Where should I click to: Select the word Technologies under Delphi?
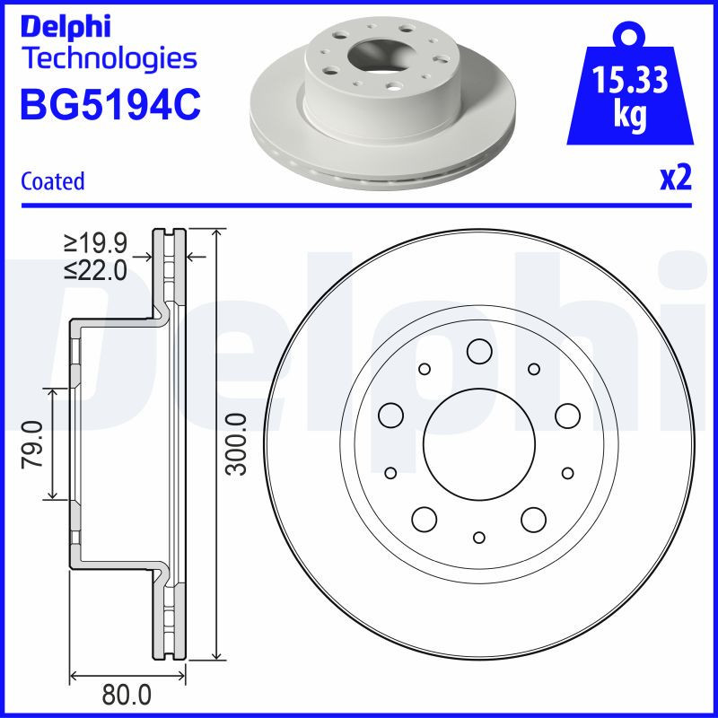pos(109,59)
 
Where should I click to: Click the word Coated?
pos(52,181)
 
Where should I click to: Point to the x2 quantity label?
pos(676,179)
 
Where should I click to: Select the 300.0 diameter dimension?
pos(235,443)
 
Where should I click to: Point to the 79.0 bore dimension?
pos(34,442)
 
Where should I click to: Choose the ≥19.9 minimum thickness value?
pos(96,242)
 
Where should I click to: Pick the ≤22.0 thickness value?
pos(96,269)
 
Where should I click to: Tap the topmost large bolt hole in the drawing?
pos(478,351)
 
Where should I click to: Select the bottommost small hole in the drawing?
pos(478,537)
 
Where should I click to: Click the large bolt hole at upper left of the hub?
pos(390,414)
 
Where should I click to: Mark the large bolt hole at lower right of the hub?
pos(534,518)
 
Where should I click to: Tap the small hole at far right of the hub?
pos(567,472)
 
